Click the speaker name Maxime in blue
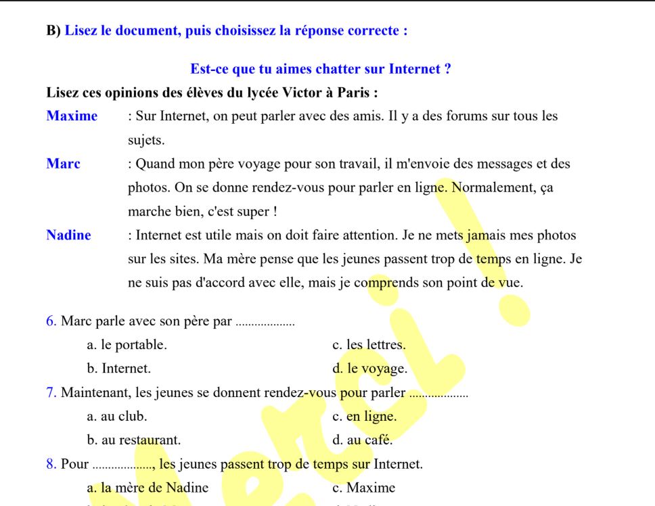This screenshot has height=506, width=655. coord(72,116)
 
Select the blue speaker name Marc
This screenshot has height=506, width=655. coord(63,164)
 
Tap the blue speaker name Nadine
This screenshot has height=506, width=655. coord(68,235)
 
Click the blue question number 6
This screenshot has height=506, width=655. coord(51,321)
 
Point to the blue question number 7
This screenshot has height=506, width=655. coord(51,392)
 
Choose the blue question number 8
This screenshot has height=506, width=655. coord(51,464)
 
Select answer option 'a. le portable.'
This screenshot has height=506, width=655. coord(127,345)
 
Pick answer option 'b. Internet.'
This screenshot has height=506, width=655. coord(119,369)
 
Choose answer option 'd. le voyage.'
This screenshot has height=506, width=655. coord(370,369)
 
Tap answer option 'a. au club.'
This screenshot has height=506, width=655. coord(117,417)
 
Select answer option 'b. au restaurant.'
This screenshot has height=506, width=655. coord(134,440)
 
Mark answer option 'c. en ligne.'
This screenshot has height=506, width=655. coord(365,417)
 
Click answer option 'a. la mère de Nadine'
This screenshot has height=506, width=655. coord(148,488)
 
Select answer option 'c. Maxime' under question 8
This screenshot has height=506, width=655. coord(364,488)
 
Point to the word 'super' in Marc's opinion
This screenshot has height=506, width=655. coord(254,212)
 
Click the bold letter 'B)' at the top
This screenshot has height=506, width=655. coord(53,31)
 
